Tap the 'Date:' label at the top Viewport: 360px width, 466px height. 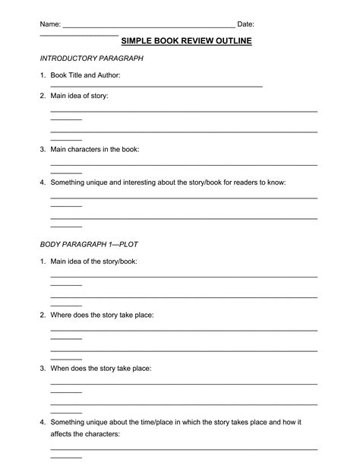click(245, 25)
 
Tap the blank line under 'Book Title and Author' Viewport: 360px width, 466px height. click(156, 86)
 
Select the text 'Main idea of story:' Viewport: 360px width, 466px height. click(79, 96)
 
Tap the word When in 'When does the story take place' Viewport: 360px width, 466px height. click(61, 368)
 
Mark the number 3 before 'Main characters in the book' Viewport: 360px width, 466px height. click(43, 150)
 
